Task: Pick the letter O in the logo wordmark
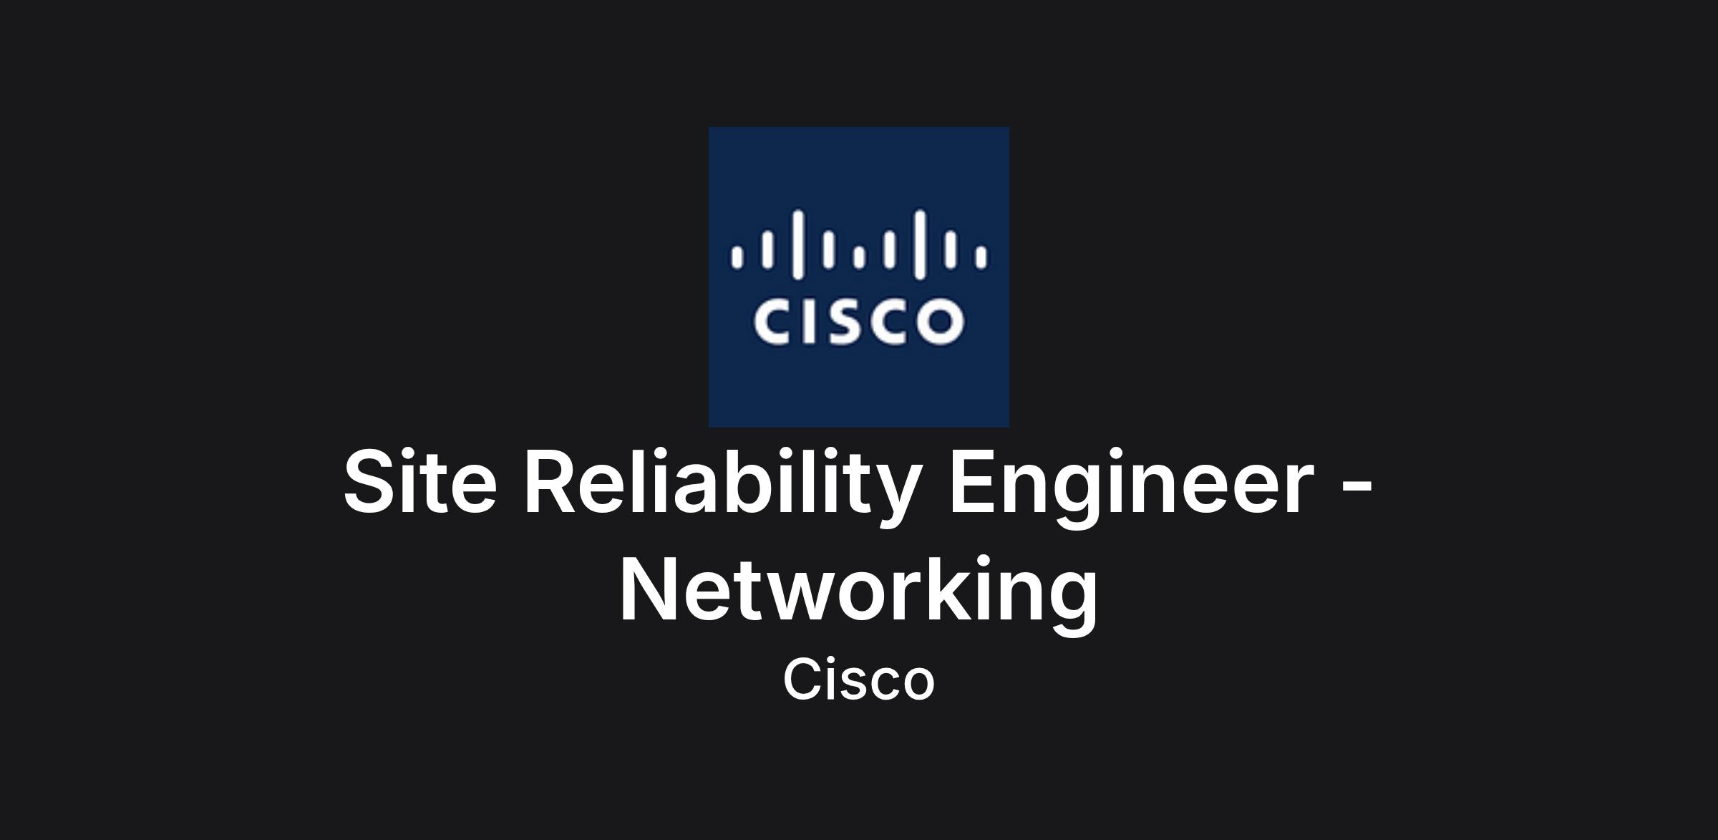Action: coord(939,322)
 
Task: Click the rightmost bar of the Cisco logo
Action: coord(981,256)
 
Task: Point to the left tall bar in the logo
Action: coord(797,243)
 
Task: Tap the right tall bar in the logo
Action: coord(920,243)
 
